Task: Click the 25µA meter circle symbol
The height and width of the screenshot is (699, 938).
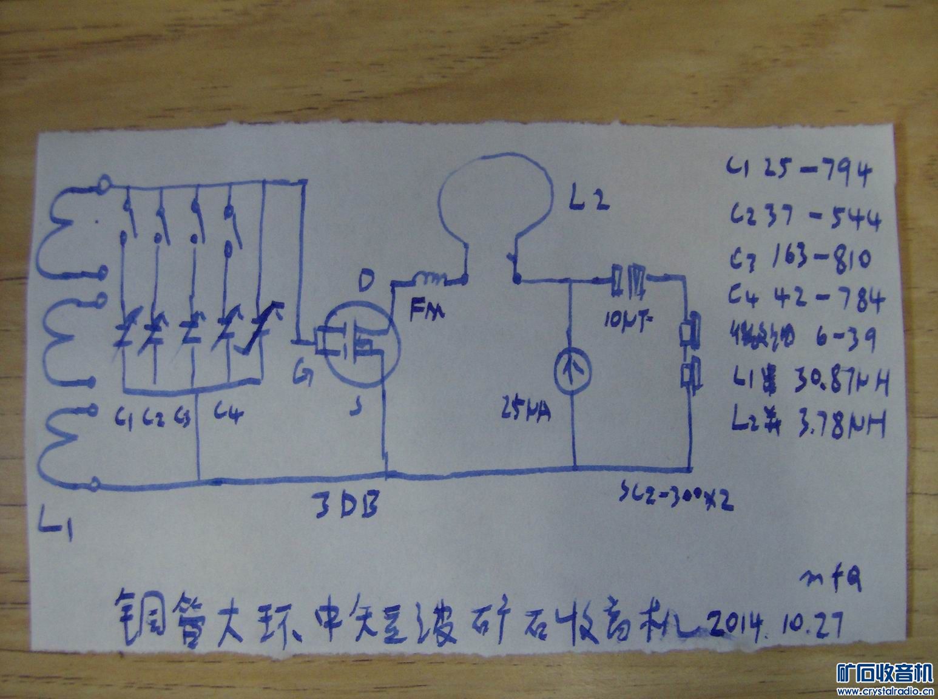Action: pos(573,367)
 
